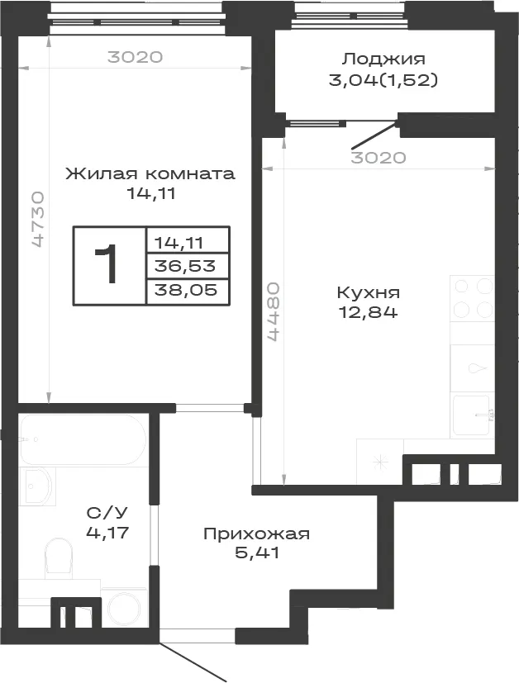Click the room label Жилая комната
pyautogui.click(x=150, y=173)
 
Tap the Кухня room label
pyautogui.click(x=369, y=292)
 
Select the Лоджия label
pyautogui.click(x=383, y=59)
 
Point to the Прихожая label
pyautogui.click(x=257, y=534)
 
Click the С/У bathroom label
pyautogui.click(x=107, y=513)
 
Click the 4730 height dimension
pyautogui.click(x=38, y=219)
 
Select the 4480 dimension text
pyautogui.click(x=274, y=311)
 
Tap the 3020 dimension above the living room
pyautogui.click(x=135, y=57)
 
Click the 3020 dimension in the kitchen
pyautogui.click(x=379, y=157)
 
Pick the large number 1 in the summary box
pyautogui.click(x=107, y=264)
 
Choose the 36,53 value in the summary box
pyautogui.click(x=185, y=265)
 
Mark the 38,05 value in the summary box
pyautogui.click(x=186, y=289)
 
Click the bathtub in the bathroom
pyautogui.click(x=82, y=439)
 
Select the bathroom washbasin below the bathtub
pyautogui.click(x=38, y=486)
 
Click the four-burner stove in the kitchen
pyautogui.click(x=472, y=298)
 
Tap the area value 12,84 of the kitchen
pyautogui.click(x=369, y=313)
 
